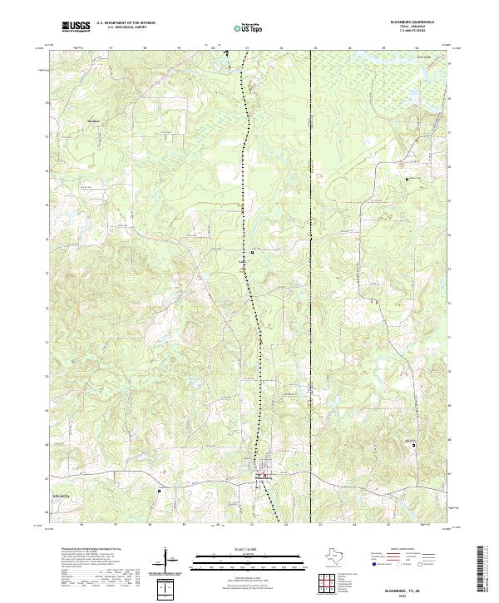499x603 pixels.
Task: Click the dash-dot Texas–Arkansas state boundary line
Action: point(311,250)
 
